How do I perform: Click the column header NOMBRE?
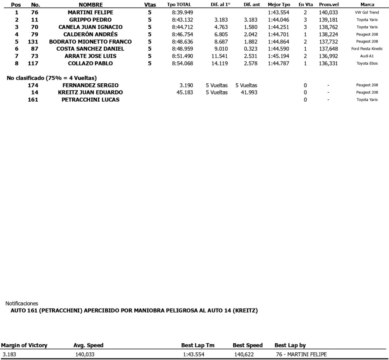point(90,5)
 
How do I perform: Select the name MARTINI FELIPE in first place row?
point(90,12)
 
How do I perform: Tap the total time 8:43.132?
point(183,20)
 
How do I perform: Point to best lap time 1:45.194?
point(279,56)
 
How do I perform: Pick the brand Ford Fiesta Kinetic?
point(367,49)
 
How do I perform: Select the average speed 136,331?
point(328,63)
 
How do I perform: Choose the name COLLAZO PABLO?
point(90,63)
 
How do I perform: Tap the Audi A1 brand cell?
point(367,56)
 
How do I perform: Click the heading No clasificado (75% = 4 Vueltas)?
point(52,78)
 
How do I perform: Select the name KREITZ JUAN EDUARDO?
point(90,92)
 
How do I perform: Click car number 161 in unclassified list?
point(33,100)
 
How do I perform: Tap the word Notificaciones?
point(22,303)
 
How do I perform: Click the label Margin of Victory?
point(24,345)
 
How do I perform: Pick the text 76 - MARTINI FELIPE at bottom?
point(301,354)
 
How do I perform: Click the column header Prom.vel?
point(329,5)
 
